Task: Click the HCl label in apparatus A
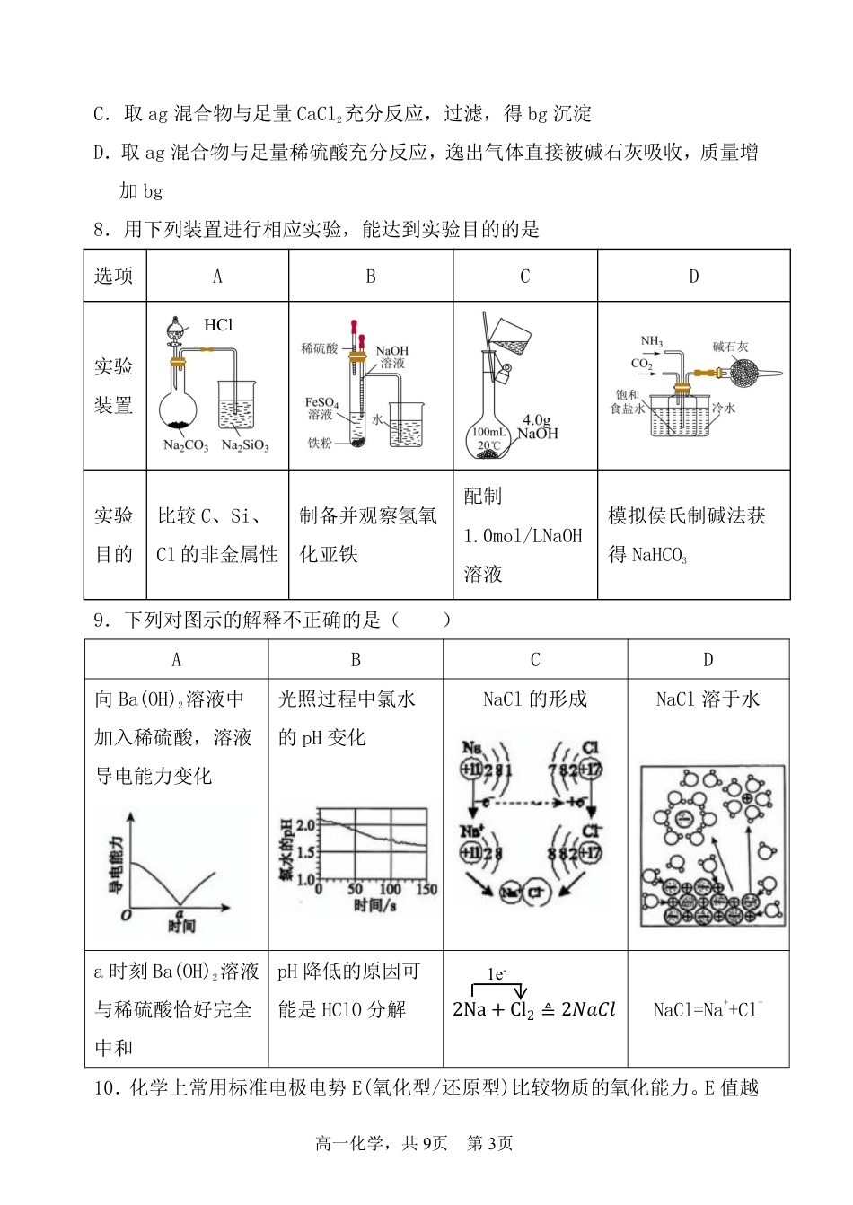point(218,325)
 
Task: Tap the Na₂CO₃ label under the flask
point(185,445)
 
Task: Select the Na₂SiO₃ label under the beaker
point(245,445)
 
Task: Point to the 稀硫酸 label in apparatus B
point(319,348)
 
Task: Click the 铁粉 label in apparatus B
point(320,443)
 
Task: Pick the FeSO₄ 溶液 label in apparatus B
point(321,409)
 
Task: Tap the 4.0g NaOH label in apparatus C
point(538,427)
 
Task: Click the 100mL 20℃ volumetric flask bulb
point(489,439)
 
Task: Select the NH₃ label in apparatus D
point(651,341)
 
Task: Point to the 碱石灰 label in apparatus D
point(730,347)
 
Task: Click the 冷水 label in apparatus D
point(724,408)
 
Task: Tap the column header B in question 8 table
point(370,277)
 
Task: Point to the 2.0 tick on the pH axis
point(306,824)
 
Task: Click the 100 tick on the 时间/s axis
point(390,889)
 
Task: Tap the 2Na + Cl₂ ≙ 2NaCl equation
point(534,1009)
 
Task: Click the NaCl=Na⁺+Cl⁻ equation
point(708,1009)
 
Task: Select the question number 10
point(106,1088)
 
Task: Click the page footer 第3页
point(490,1143)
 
